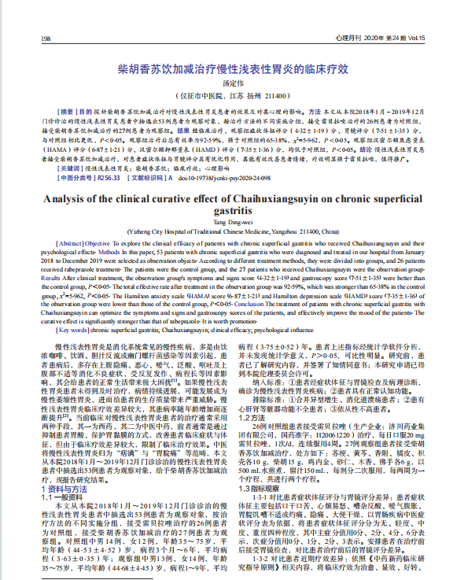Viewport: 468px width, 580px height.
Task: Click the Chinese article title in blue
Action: click(x=234, y=69)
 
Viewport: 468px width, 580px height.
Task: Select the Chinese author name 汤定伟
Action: click(x=234, y=83)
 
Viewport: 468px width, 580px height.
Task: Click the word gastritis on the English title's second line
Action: click(x=234, y=212)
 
